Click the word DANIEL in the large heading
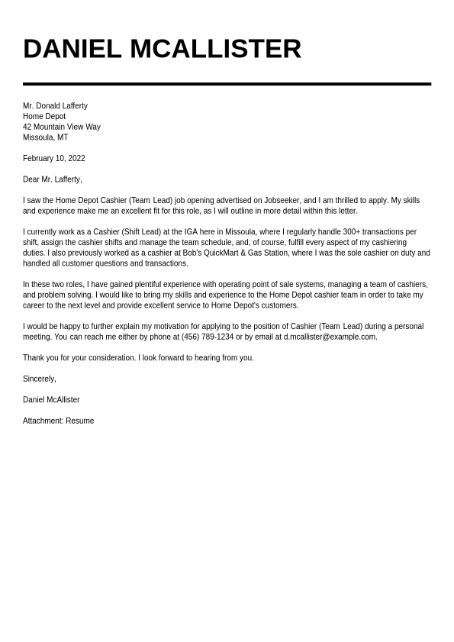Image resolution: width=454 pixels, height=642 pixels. click(72, 49)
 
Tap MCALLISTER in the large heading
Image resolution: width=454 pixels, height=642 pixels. click(215, 49)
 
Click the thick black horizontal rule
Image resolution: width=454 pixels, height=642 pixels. click(227, 84)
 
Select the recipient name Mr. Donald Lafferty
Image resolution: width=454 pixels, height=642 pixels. click(55, 106)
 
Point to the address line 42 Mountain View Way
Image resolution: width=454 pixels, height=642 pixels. click(61, 127)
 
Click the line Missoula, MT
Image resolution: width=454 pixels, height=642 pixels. click(45, 137)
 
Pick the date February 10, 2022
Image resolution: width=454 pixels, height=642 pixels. click(53, 159)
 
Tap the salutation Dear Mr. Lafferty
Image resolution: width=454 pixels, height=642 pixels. click(52, 179)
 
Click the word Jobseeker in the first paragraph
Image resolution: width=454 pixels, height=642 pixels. click(282, 201)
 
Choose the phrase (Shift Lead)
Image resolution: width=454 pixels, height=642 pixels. click(140, 232)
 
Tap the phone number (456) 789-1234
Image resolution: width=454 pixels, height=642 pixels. click(207, 337)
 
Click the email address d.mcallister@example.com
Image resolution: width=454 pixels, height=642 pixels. click(330, 337)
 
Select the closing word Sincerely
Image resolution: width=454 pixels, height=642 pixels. click(39, 379)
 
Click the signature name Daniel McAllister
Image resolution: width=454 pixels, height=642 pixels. click(51, 400)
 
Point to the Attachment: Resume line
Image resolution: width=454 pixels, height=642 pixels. click(58, 421)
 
